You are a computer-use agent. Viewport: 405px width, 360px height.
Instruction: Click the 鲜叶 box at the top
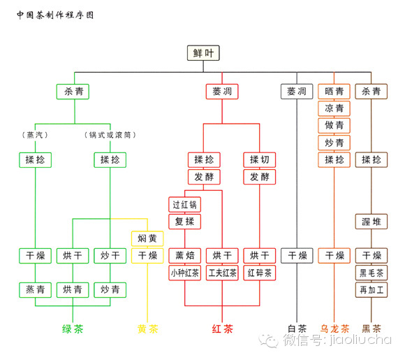click(203, 53)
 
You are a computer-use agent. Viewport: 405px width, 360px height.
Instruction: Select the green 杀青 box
click(73, 92)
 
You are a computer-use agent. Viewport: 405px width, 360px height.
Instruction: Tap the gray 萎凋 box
click(297, 92)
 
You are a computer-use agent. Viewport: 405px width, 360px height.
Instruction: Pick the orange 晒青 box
click(334, 92)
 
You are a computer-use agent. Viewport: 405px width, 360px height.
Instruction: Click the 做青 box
click(334, 125)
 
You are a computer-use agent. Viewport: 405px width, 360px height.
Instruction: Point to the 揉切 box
click(260, 159)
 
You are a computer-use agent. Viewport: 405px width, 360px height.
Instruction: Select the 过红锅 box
click(184, 205)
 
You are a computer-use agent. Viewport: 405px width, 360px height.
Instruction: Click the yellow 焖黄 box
click(147, 238)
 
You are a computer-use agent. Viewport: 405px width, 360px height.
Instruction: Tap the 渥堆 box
click(371, 222)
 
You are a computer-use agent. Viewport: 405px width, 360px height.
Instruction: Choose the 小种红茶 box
click(184, 273)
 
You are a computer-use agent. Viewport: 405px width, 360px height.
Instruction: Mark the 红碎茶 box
click(260, 273)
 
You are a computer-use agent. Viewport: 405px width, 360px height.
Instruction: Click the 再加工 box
click(371, 289)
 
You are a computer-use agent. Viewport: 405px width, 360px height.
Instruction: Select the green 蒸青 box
click(35, 289)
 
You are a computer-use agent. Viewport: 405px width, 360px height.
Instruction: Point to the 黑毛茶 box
click(371, 273)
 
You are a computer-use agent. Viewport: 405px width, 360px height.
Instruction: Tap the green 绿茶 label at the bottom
click(73, 329)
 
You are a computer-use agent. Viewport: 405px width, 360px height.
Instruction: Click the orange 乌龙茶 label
click(334, 329)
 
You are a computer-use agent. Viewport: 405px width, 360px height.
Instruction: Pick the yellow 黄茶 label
click(147, 329)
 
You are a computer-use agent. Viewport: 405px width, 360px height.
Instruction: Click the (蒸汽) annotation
click(35, 135)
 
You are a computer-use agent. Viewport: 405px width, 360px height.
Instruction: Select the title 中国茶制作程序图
click(55, 15)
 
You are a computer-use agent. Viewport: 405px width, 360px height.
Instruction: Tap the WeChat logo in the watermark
click(269, 340)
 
